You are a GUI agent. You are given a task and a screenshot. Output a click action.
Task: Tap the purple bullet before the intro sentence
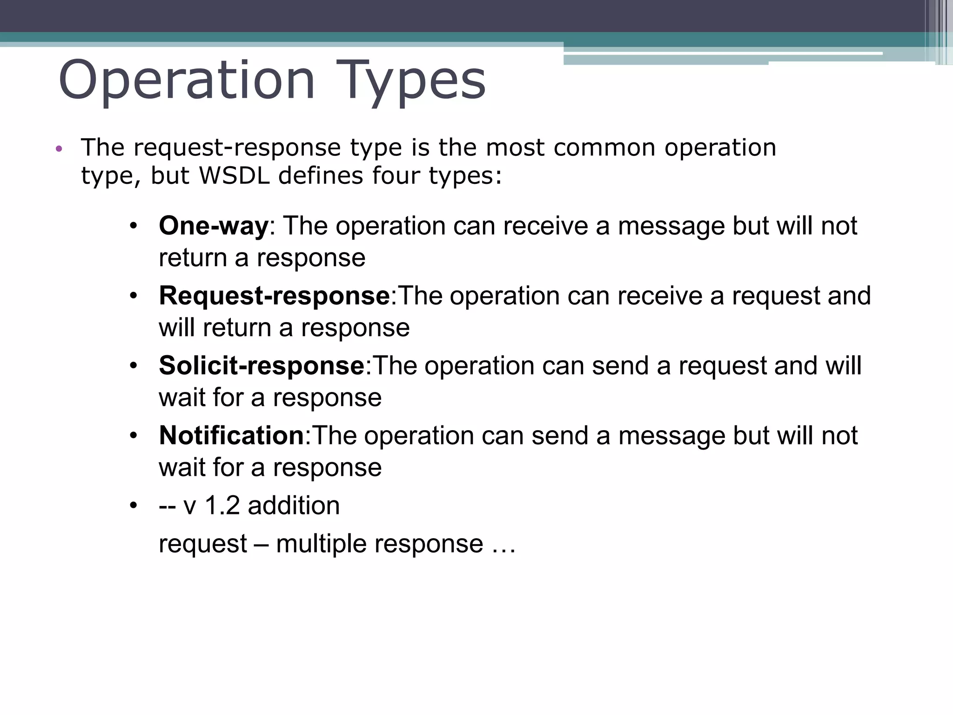[x=59, y=149]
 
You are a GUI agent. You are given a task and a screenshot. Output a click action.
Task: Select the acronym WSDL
[x=234, y=176]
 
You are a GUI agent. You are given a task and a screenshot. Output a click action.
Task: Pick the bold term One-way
[x=214, y=226]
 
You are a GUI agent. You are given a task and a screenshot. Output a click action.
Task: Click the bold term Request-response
[x=274, y=296]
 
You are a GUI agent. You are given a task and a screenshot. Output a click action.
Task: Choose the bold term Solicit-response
[x=262, y=366]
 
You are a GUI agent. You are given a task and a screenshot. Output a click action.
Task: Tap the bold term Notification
[x=231, y=436]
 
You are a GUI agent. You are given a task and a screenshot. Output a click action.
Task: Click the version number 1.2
[x=222, y=506]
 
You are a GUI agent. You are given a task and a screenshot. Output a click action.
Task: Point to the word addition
[x=294, y=506]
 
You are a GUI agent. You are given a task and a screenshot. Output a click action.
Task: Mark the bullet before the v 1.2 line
[x=134, y=506]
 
